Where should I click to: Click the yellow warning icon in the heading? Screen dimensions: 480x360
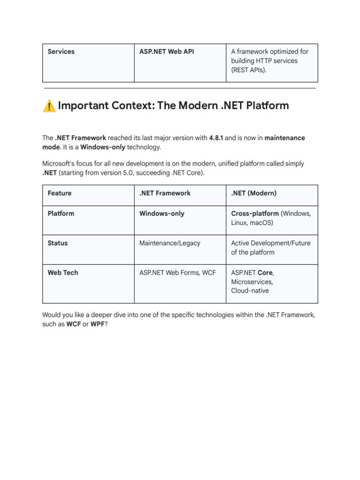pyautogui.click(x=49, y=106)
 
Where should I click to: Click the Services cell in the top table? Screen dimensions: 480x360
pyautogui.click(x=61, y=52)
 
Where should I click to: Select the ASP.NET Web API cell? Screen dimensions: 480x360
pyautogui.click(x=166, y=52)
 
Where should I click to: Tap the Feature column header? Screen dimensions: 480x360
pyautogui.click(x=60, y=193)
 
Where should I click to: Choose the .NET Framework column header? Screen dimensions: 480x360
pyautogui.click(x=165, y=193)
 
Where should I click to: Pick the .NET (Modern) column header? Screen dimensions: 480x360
pyautogui.click(x=254, y=193)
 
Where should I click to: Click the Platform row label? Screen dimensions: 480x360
pyautogui.click(x=61, y=213)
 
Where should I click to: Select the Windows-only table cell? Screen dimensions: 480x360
pyautogui.click(x=162, y=213)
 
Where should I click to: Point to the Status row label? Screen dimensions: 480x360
pyautogui.click(x=58, y=243)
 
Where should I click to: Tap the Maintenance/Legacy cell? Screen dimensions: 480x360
pyautogui.click(x=170, y=243)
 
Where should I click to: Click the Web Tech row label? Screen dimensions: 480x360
pyautogui.click(x=63, y=272)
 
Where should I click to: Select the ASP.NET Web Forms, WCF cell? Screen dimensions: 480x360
pyautogui.click(x=178, y=272)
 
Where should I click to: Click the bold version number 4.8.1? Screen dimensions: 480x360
pyautogui.click(x=216, y=138)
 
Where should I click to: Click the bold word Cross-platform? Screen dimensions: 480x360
pyautogui.click(x=255, y=213)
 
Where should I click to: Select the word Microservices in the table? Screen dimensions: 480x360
pyautogui.click(x=252, y=282)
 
